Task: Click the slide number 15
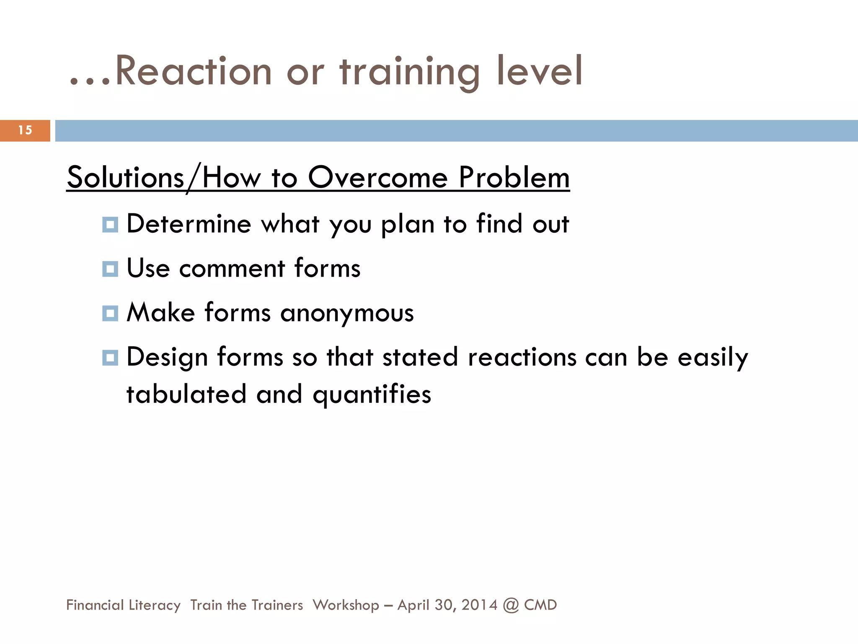pos(25,130)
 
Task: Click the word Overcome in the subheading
pos(378,178)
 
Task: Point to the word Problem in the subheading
pos(514,178)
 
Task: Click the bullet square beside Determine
pos(110,225)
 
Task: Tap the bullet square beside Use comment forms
pos(110,269)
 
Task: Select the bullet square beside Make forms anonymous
pos(110,313)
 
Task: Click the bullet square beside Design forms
pos(110,358)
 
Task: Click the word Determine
pos(189,224)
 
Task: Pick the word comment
pos(232,268)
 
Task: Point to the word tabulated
pos(186,395)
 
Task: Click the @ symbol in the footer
pos(511,605)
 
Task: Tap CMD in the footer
pos(540,605)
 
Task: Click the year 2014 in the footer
pos(479,605)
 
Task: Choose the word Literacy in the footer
pos(155,605)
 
